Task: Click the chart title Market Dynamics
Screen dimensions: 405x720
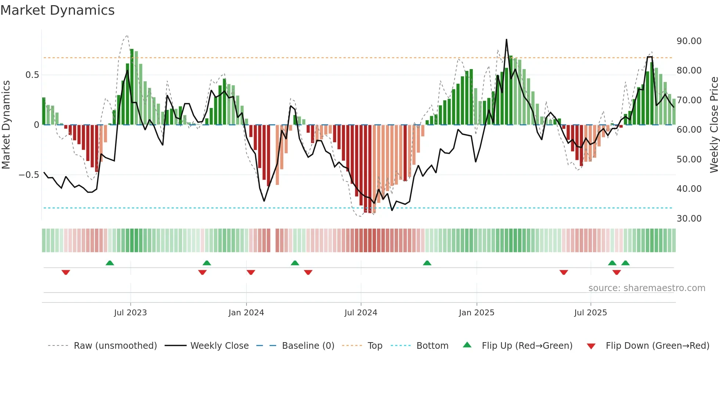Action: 57,10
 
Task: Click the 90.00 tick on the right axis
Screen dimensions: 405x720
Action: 689,41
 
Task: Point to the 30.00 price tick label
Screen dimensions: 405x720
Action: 689,218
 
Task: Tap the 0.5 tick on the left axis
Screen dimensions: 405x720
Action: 32,75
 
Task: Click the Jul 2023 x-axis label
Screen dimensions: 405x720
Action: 130,313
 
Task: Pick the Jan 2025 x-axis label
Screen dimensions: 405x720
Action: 476,313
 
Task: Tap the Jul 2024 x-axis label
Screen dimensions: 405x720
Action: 361,313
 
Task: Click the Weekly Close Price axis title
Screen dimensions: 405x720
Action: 714,125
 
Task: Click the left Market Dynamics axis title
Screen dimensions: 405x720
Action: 6,125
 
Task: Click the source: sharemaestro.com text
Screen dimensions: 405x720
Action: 647,288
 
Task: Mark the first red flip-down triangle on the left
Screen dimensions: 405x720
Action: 66,272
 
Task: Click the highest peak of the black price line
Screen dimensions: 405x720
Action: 506,40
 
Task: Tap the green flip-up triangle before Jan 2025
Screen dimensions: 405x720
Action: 427,263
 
